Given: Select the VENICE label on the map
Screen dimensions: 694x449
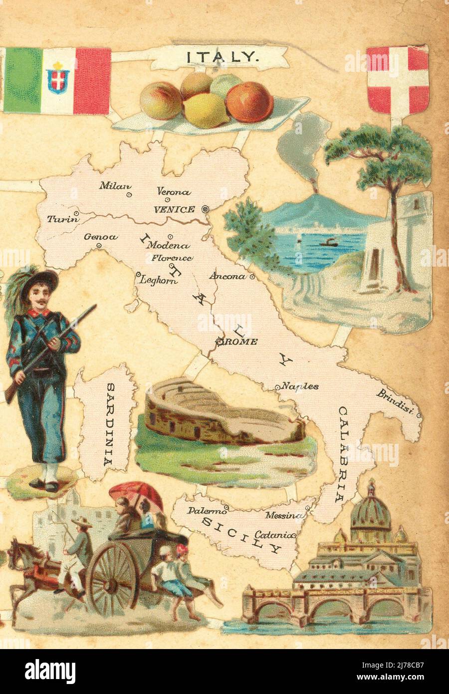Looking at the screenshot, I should click(174, 209).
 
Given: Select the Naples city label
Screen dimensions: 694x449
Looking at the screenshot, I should click(299, 385).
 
